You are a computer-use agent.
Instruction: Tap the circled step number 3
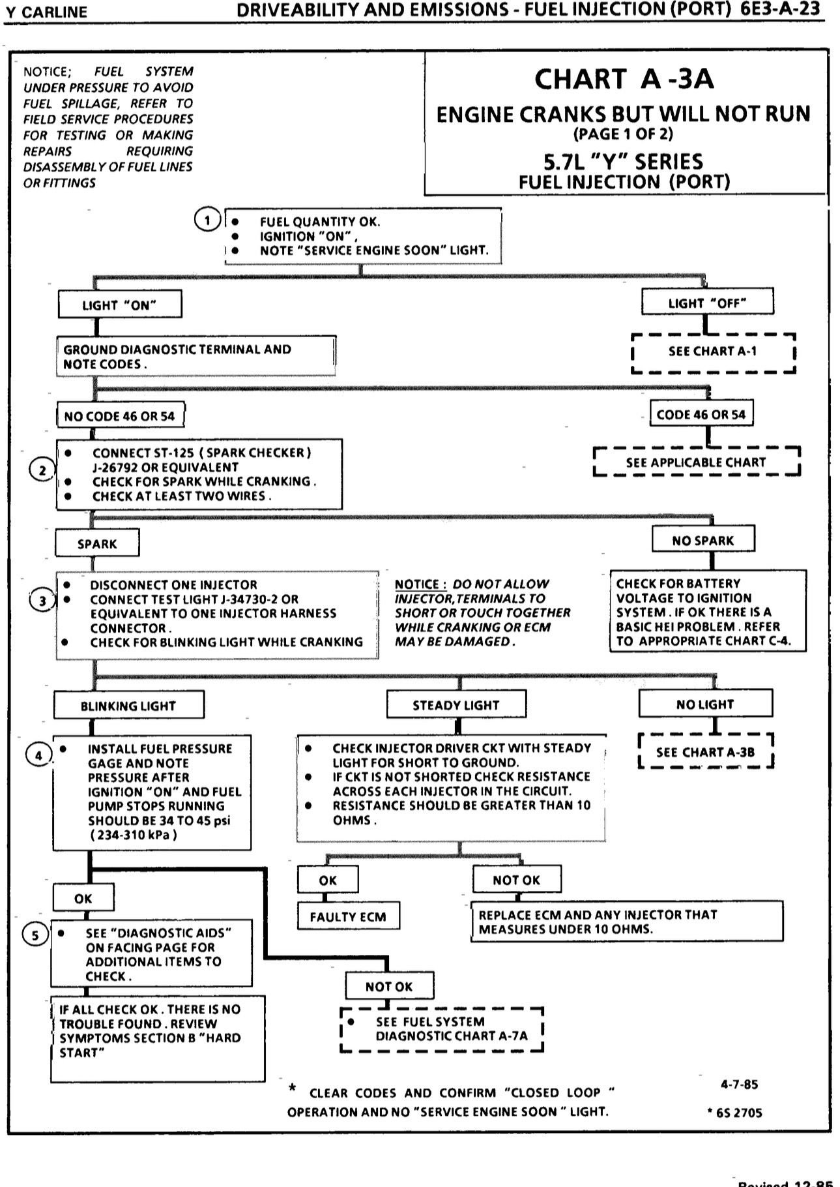pyautogui.click(x=42, y=601)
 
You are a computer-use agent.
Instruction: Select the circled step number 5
pyautogui.click(x=35, y=936)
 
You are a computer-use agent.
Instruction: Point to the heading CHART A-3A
pyautogui.click(x=624, y=79)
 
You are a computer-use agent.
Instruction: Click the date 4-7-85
pyautogui.click(x=740, y=1084)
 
